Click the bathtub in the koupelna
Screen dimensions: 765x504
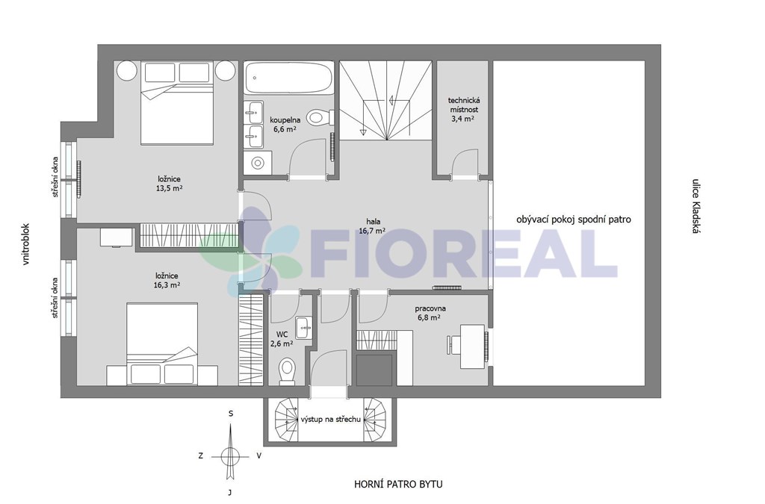[288, 77]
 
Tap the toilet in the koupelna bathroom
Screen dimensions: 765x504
[320, 117]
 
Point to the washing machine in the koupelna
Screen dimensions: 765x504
[258, 162]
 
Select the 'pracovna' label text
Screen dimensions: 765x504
[430, 308]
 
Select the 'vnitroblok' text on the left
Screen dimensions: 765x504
[26, 245]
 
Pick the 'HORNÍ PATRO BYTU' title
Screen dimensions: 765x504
[399, 484]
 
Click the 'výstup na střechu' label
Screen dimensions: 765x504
[331, 419]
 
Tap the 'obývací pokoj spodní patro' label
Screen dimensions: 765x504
[573, 220]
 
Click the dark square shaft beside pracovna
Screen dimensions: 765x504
[375, 370]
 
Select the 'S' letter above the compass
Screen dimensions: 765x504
[232, 414]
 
